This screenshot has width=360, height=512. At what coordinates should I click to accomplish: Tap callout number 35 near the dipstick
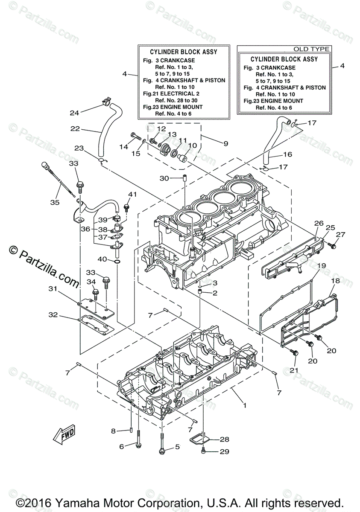55,203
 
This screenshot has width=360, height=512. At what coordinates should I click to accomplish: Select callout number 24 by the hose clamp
75,113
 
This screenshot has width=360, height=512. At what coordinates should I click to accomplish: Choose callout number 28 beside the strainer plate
224,439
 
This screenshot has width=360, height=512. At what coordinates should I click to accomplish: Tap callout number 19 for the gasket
321,265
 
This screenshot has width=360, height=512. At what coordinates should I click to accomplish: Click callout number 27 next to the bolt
340,234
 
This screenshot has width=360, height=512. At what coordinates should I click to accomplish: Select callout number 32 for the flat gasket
53,315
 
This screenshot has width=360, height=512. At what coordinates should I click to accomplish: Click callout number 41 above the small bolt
132,195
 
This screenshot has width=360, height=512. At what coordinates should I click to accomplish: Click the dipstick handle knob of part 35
45,165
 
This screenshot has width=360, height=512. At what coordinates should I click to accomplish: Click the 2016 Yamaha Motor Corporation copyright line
180,502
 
